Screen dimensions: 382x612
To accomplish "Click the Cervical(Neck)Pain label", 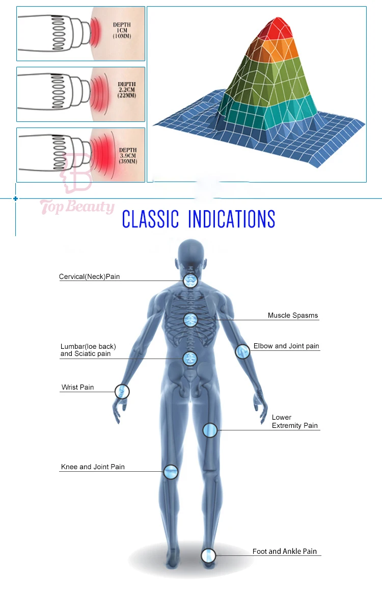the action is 90,277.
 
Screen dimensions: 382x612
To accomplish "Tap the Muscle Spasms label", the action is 293,316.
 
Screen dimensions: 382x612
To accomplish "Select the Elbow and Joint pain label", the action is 286,346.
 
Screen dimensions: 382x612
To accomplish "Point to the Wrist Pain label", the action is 77,388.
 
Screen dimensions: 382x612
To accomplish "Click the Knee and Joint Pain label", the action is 93,467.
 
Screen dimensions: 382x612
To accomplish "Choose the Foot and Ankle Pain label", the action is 285,551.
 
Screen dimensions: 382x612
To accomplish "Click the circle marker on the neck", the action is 190,279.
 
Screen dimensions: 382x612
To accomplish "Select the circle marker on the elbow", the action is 242,351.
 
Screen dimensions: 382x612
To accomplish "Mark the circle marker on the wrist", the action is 122,392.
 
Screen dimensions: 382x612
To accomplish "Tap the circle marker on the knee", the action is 171,471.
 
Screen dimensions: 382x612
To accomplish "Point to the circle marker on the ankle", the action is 208,555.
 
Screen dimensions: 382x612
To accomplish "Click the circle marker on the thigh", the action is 210,430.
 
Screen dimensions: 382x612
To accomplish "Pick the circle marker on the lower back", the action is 190,359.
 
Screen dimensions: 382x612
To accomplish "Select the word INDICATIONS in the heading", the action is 231,219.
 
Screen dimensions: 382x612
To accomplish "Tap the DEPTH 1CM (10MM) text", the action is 122,31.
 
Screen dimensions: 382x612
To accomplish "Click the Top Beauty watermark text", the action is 77,207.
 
